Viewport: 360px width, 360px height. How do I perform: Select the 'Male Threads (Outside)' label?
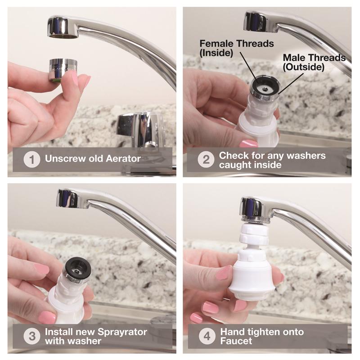(314, 63)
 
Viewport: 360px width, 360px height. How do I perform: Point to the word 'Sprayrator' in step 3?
(121, 332)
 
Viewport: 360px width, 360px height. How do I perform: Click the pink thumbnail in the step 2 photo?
(248, 144)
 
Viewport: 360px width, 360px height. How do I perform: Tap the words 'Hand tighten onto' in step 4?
(262, 332)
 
